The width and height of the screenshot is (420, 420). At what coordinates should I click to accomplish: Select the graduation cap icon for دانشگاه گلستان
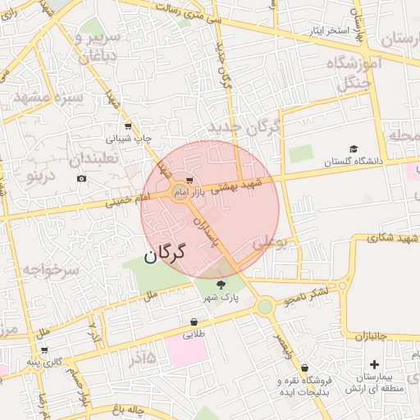click(354, 149)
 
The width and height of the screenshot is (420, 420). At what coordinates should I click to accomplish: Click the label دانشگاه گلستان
click(354, 162)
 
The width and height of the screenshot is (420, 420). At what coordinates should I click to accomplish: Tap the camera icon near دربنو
click(80, 179)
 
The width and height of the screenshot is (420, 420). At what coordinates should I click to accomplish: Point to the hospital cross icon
click(375, 363)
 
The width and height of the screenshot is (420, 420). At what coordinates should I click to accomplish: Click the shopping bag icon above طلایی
click(194, 322)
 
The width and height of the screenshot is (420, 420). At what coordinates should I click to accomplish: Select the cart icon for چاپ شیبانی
click(129, 126)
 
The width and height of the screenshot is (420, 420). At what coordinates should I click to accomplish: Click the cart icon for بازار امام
click(189, 180)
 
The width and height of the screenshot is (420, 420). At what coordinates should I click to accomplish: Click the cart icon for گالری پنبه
click(43, 349)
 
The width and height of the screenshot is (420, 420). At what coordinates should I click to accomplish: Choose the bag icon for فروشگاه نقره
click(305, 368)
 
